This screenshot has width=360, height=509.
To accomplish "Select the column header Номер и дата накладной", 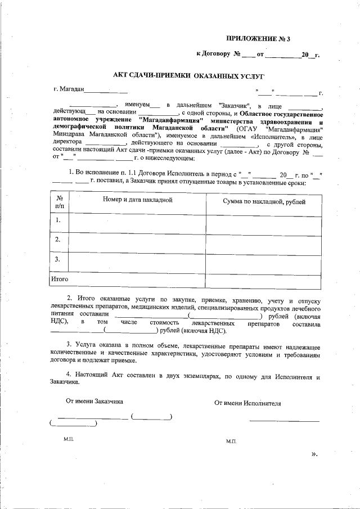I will pyautogui.click(x=137, y=200).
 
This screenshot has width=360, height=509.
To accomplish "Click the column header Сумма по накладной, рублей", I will pyautogui.click(x=264, y=201).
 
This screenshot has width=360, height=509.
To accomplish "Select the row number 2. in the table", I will pyautogui.click(x=58, y=240).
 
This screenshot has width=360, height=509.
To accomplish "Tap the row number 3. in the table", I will pyautogui.click(x=58, y=259).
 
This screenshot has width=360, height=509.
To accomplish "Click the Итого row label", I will pyautogui.click(x=60, y=278).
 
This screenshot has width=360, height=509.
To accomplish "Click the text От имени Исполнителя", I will pyautogui.click(x=247, y=403).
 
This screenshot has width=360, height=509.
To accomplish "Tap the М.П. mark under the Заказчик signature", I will pyautogui.click(x=69, y=437).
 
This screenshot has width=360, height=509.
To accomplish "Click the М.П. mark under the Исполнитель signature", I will pyautogui.click(x=231, y=442).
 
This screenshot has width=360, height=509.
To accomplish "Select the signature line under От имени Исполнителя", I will pyautogui.click(x=284, y=421).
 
